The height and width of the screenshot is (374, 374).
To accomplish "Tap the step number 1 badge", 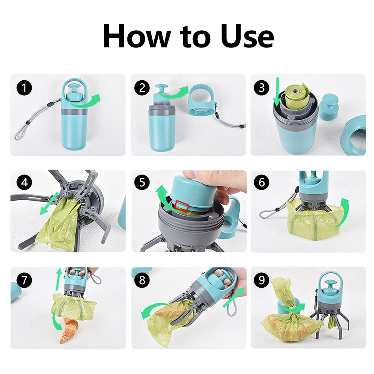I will click(24, 88).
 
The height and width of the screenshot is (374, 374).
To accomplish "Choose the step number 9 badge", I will click(261, 279).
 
